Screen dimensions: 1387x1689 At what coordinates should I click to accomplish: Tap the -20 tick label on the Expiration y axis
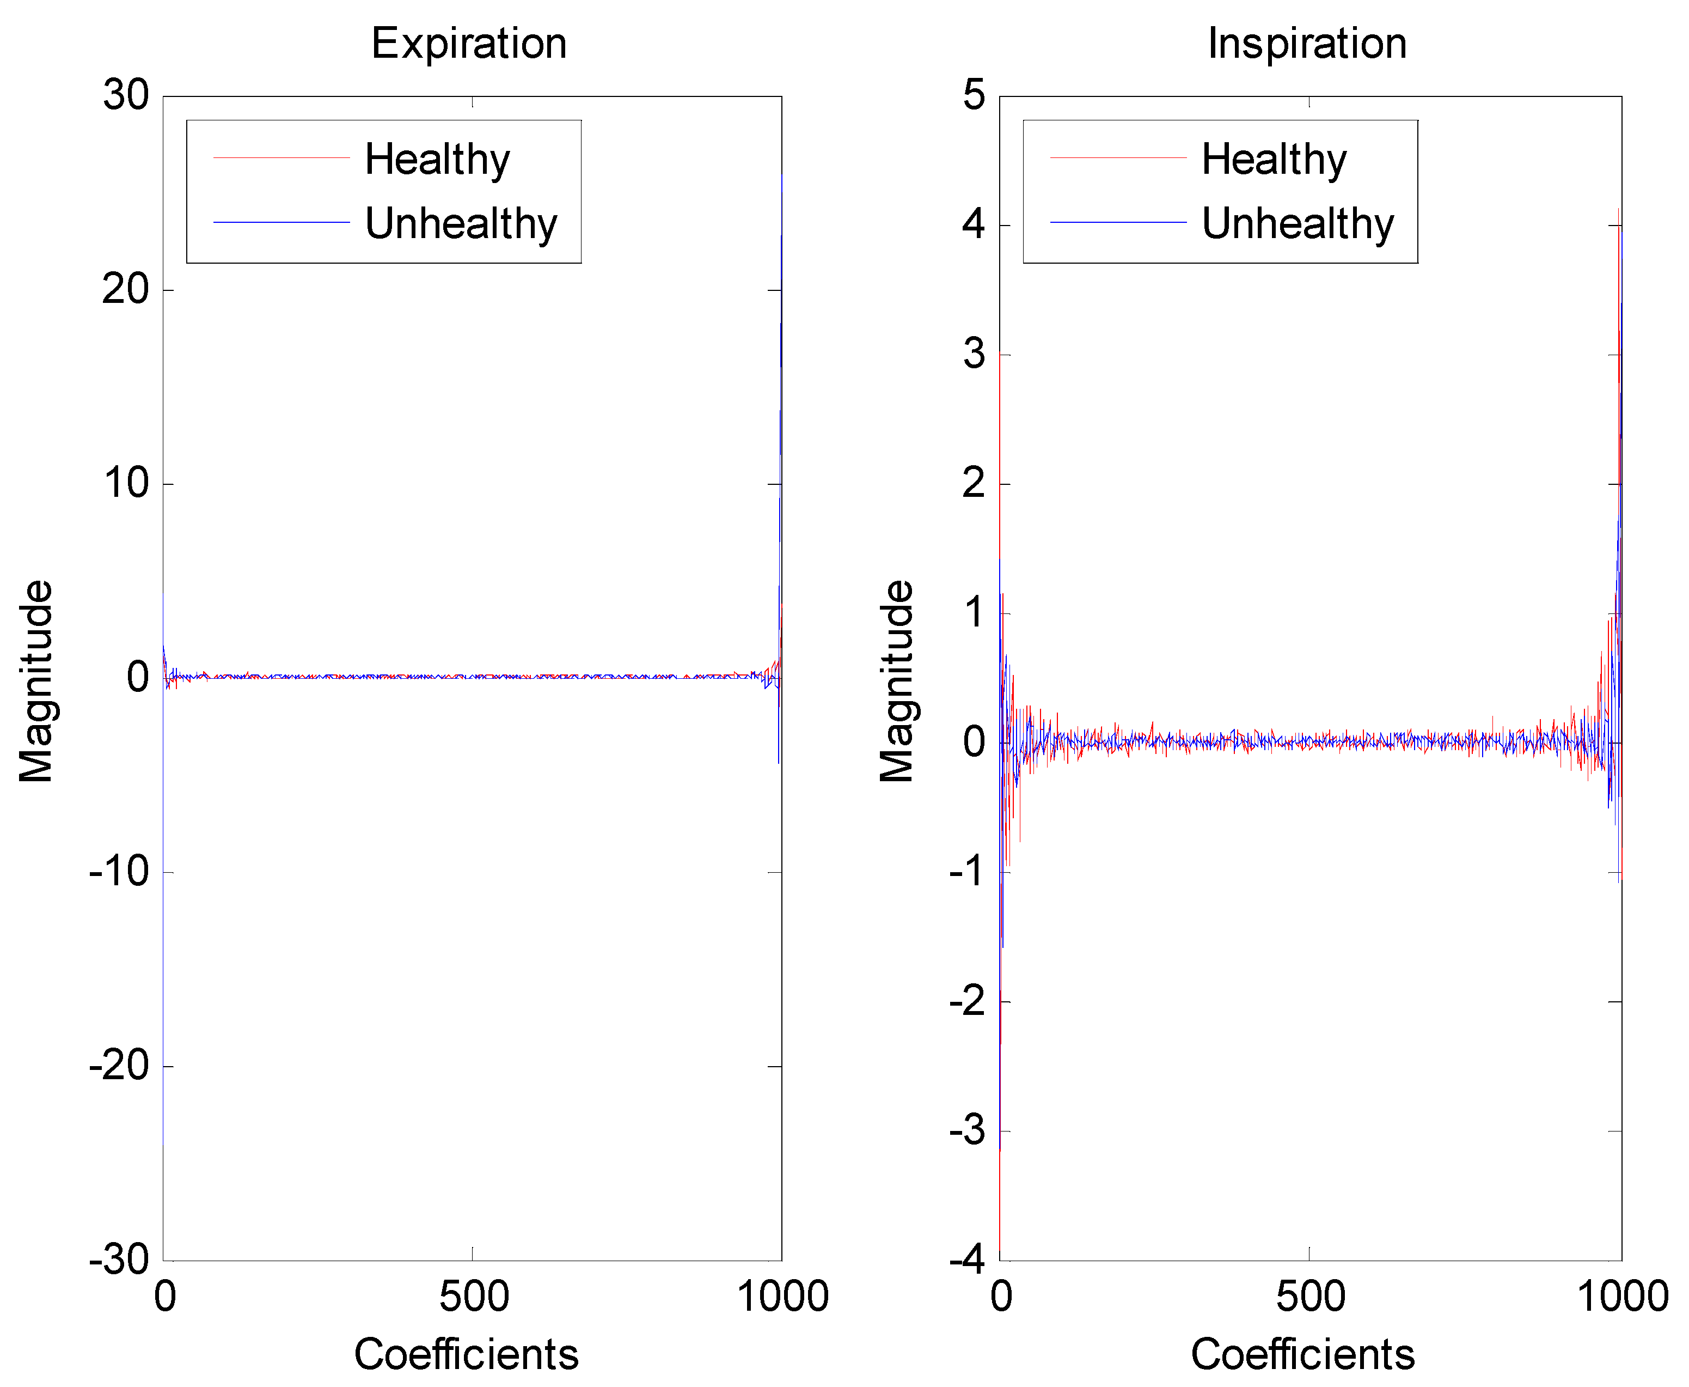point(120,1065)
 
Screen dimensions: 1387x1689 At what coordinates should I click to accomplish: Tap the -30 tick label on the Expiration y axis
point(120,1260)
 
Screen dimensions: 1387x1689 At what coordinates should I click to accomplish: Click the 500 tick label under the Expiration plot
point(474,1296)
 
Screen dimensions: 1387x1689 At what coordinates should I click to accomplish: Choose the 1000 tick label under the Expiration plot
point(782,1296)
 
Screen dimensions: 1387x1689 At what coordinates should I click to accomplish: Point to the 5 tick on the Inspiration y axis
point(974,96)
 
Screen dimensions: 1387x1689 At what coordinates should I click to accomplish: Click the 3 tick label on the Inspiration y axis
point(974,354)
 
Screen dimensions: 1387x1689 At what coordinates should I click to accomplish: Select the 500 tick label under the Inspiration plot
point(1311,1296)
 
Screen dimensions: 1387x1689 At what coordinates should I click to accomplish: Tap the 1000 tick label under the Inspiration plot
point(1623,1296)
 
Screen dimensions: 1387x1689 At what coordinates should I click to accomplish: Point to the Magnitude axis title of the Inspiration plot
point(896,681)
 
